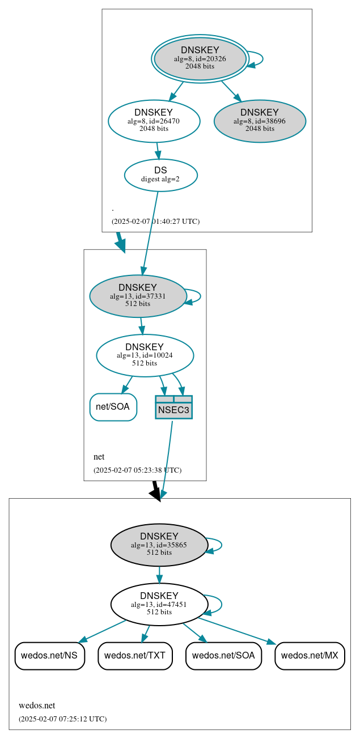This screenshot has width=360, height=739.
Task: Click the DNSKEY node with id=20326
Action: click(x=200, y=58)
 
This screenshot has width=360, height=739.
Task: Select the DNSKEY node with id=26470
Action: click(x=154, y=121)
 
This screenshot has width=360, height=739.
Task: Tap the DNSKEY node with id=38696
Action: click(x=260, y=121)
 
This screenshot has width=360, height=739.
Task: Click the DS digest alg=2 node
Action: click(x=160, y=175)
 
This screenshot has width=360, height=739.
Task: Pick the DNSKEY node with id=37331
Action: click(x=138, y=296)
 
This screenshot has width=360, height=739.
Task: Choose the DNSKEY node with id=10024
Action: click(x=145, y=355)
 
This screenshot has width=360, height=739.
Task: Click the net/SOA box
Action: click(x=113, y=407)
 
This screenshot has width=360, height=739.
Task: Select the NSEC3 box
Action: click(x=173, y=407)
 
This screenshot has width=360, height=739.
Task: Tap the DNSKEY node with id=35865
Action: click(x=159, y=545)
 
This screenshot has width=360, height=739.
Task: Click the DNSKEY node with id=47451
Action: click(x=159, y=604)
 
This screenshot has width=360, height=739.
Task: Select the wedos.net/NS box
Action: click(x=50, y=656)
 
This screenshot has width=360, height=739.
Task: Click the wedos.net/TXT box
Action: click(x=135, y=656)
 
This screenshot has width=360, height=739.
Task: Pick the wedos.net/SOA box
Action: click(x=223, y=656)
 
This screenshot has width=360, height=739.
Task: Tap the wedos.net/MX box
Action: click(x=310, y=656)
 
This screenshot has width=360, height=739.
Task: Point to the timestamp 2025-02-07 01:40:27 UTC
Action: click(x=155, y=222)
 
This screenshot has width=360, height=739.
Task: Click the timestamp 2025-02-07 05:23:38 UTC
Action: click(x=137, y=470)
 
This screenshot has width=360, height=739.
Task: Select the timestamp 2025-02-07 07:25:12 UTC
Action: click(x=62, y=719)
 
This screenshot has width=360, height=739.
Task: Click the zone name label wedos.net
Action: click(x=37, y=706)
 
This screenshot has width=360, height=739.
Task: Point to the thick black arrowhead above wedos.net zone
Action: click(x=156, y=493)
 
